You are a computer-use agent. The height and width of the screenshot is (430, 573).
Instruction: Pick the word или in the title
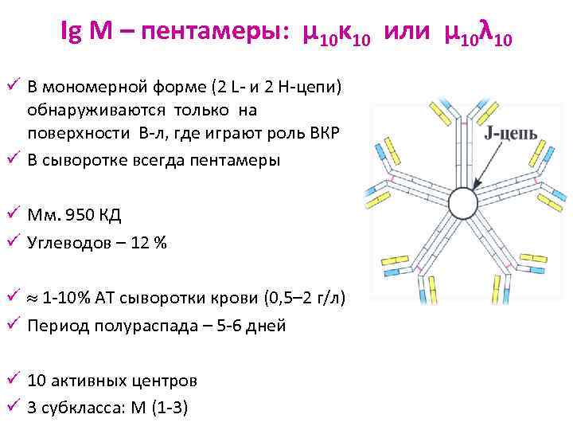click(x=406, y=33)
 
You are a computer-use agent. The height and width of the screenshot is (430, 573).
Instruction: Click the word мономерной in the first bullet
click(x=84, y=85)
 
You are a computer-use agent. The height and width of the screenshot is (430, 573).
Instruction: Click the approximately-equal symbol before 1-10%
click(x=31, y=298)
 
